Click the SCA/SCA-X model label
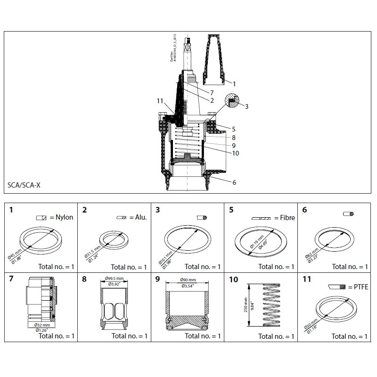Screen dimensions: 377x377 coord(25,185)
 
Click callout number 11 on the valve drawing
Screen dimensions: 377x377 coord(160,101)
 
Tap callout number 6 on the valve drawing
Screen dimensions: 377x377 coord(234,182)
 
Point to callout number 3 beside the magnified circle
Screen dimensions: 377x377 coord(246,106)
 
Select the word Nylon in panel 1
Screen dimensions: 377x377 coord(64,217)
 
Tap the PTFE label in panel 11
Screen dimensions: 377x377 coord(360,287)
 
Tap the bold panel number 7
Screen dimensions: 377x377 coord(12,279)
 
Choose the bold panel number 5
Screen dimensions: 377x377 coord(231,210)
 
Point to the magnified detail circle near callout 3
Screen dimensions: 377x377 coord(232,100)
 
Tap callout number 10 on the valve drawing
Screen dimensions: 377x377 coord(235,153)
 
